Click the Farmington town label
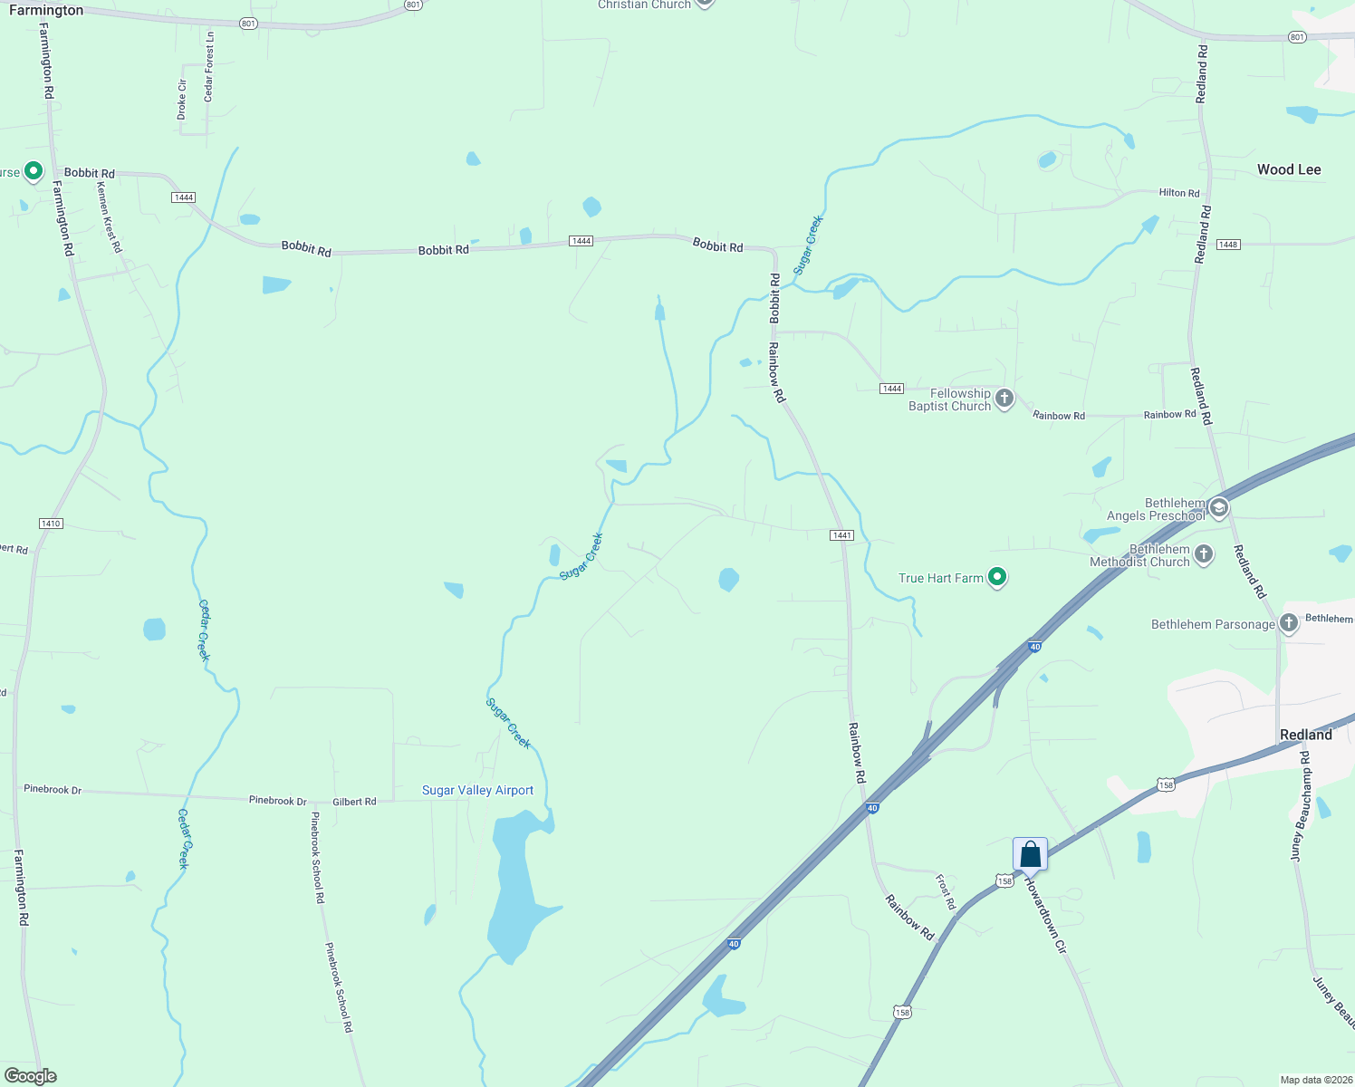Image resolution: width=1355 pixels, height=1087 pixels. pyautogui.click(x=45, y=11)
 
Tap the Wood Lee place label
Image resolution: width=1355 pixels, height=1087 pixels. pyautogui.click(x=1288, y=169)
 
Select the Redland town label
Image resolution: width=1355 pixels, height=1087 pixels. pyautogui.click(x=1305, y=735)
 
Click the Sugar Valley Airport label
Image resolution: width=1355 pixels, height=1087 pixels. pyautogui.click(x=477, y=790)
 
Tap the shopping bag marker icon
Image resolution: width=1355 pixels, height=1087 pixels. pyautogui.click(x=1030, y=854)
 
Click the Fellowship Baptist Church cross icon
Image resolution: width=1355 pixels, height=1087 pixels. pyautogui.click(x=1004, y=398)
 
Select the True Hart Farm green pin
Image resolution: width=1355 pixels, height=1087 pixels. pyautogui.click(x=997, y=576)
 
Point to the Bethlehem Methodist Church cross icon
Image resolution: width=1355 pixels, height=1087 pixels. pyautogui.click(x=1204, y=553)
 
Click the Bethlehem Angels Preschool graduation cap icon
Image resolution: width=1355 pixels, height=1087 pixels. pyautogui.click(x=1218, y=507)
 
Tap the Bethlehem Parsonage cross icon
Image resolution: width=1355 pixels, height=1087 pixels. pyautogui.click(x=1289, y=623)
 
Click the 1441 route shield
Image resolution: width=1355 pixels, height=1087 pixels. pyautogui.click(x=841, y=535)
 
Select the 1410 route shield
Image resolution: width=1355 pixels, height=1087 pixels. pyautogui.click(x=51, y=524)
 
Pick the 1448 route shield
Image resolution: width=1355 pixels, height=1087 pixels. pyautogui.click(x=1228, y=245)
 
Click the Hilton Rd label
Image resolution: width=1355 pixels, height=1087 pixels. pyautogui.click(x=1178, y=193)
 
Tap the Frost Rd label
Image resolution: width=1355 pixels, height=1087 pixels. pyautogui.click(x=945, y=891)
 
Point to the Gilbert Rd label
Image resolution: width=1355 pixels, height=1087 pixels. pyautogui.click(x=354, y=802)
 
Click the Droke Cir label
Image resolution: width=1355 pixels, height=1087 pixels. pyautogui.click(x=181, y=100)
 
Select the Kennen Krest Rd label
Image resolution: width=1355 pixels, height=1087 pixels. pyautogui.click(x=109, y=216)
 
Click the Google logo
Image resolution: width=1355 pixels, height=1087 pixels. pyautogui.click(x=30, y=1076)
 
